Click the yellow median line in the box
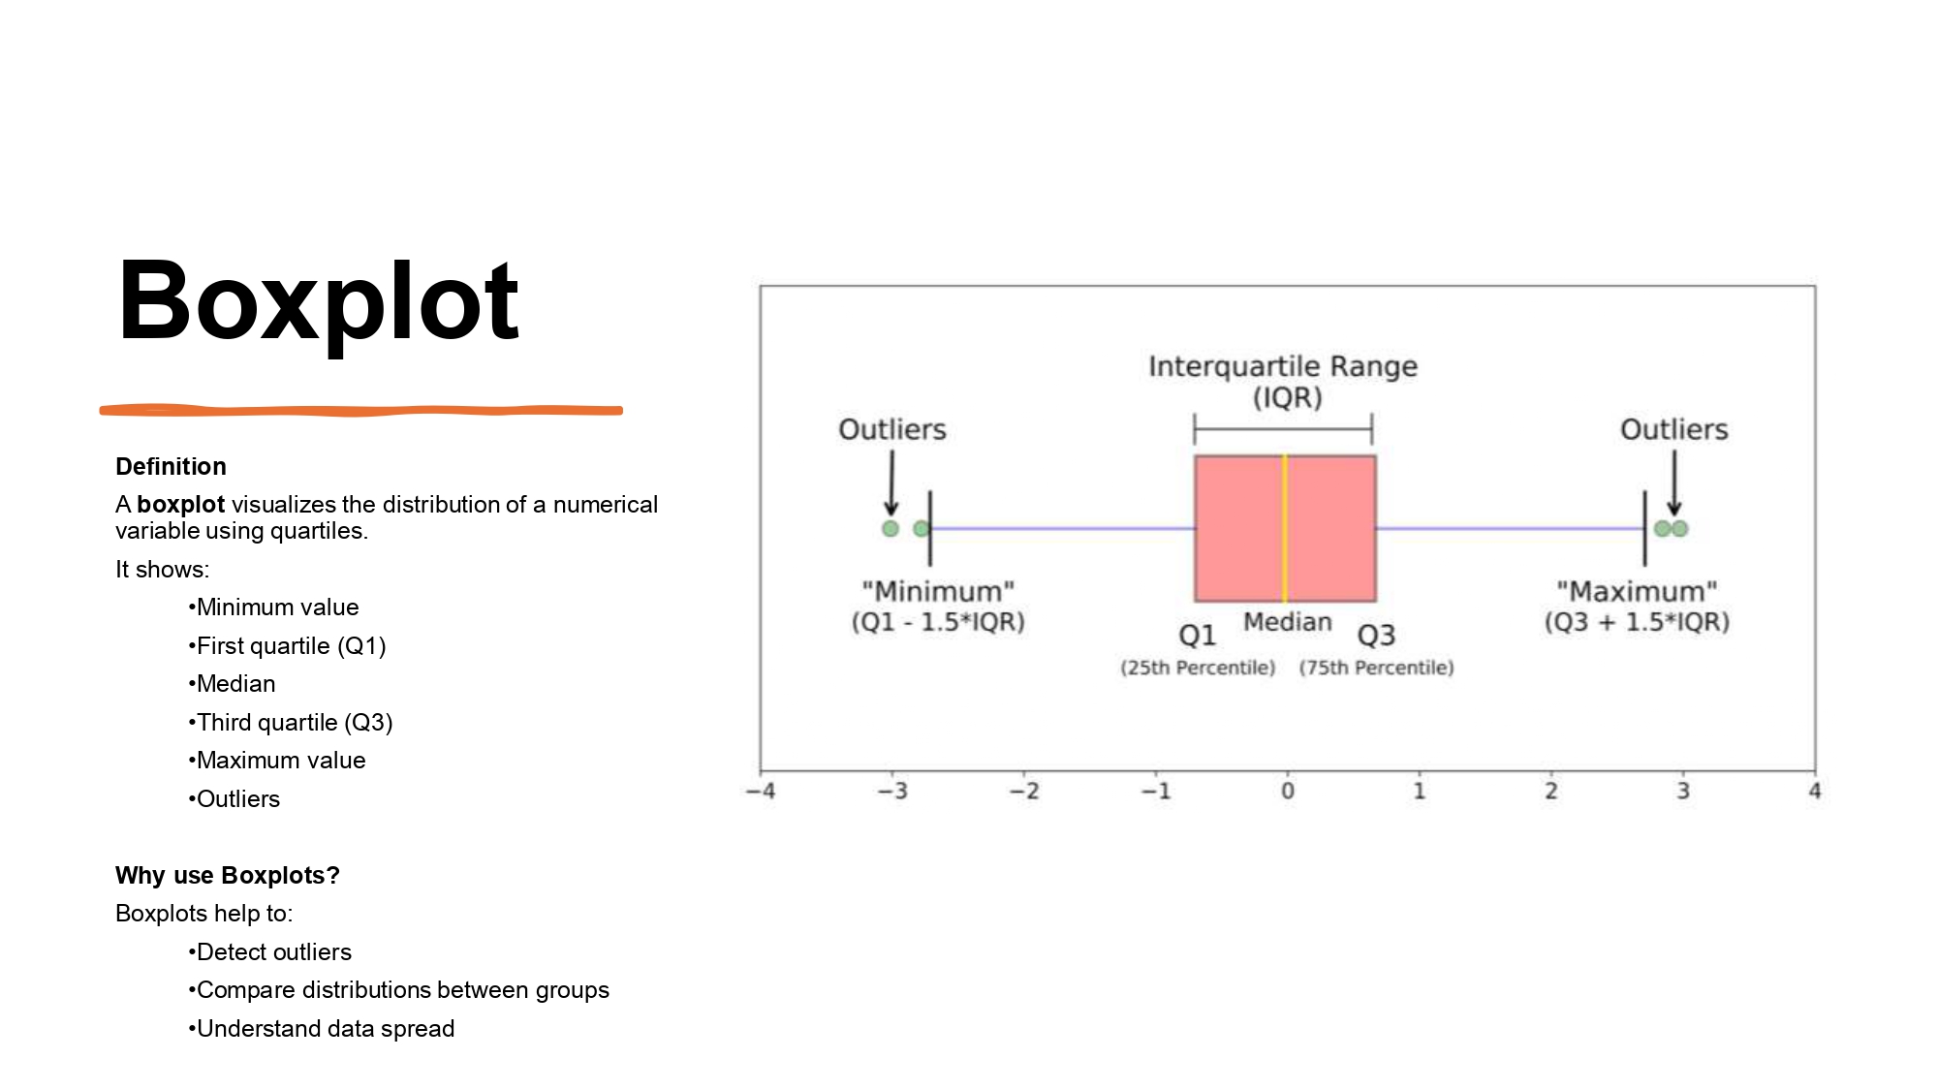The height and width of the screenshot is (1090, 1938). click(1285, 528)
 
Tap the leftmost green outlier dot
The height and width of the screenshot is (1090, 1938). click(891, 528)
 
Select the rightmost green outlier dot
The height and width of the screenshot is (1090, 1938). click(1680, 528)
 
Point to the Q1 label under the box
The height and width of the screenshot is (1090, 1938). click(1197, 636)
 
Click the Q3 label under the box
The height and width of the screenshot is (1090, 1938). click(1376, 636)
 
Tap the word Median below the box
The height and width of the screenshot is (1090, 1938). click(1287, 622)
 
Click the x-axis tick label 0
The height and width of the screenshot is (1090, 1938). click(1287, 792)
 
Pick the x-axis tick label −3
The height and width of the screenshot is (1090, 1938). click(891, 792)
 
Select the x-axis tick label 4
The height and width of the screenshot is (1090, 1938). click(1814, 792)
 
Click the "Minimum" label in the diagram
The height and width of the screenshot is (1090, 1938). click(938, 591)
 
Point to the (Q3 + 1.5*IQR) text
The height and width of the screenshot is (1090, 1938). click(1637, 622)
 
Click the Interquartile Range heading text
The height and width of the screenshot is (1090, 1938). click(1283, 366)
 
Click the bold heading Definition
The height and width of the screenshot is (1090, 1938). click(171, 467)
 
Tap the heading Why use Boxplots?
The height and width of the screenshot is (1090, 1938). click(227, 876)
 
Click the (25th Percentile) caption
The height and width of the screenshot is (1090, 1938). click(1198, 668)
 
